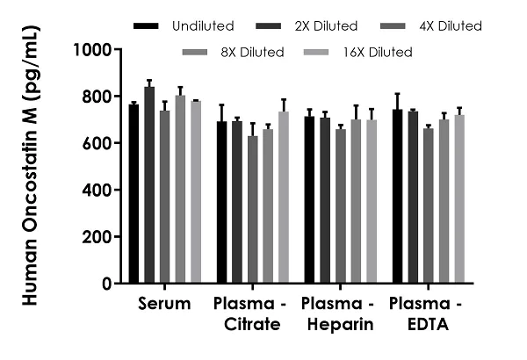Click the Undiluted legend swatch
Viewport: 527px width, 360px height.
pyautogui.click(x=146, y=26)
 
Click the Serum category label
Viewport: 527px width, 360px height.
pyautogui.click(x=164, y=305)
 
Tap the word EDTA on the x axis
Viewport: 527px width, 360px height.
pyautogui.click(x=428, y=325)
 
